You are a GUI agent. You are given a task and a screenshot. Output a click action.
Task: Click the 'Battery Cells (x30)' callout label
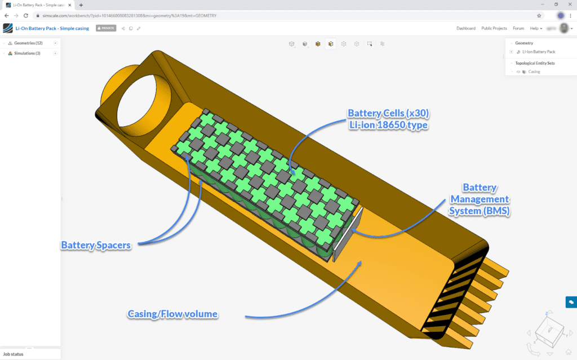tap(388, 113)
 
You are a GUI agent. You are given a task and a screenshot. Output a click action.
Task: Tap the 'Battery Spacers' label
tap(96, 245)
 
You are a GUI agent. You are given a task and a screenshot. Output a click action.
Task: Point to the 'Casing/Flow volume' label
tap(172, 314)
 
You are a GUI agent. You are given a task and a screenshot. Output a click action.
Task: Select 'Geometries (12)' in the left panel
tap(28, 43)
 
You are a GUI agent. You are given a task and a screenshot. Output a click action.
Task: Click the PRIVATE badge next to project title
tap(105, 28)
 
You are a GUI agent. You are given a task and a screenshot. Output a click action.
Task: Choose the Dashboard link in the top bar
tap(465, 28)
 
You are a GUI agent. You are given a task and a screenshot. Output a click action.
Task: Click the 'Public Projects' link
tap(494, 28)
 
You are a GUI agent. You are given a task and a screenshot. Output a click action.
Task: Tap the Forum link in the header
tap(518, 28)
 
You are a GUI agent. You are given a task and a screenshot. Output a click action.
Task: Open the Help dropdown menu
tap(536, 28)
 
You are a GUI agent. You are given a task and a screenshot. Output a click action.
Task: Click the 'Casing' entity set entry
tap(534, 72)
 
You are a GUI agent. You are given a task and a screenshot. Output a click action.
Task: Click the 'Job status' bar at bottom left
tap(14, 354)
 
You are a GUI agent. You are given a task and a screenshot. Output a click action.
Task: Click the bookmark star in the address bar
tap(539, 16)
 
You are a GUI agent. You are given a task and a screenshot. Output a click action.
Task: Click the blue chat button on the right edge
tap(571, 302)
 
